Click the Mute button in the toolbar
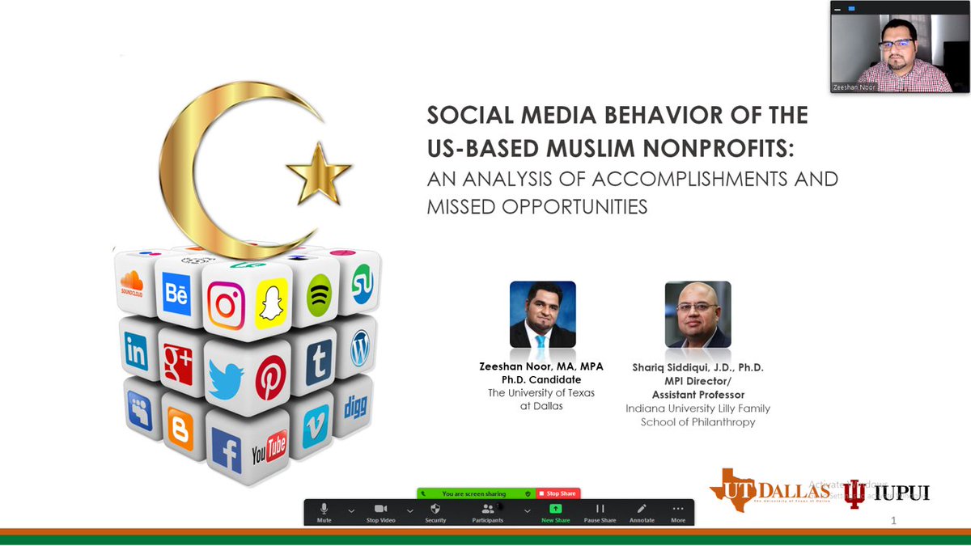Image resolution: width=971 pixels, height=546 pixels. click(x=324, y=511)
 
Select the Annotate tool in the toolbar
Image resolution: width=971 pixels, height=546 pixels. click(x=642, y=511)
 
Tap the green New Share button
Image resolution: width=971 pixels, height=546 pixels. click(x=555, y=511)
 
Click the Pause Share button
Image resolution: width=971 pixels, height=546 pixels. click(x=600, y=511)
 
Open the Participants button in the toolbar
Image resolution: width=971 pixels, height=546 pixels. click(x=488, y=511)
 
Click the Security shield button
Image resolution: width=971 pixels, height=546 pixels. click(x=435, y=511)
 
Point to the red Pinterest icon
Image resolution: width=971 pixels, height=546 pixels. click(x=270, y=377)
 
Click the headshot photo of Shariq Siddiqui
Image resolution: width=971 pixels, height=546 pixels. click(x=698, y=315)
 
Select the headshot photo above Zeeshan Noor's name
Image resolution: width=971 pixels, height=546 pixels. click(x=542, y=315)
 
